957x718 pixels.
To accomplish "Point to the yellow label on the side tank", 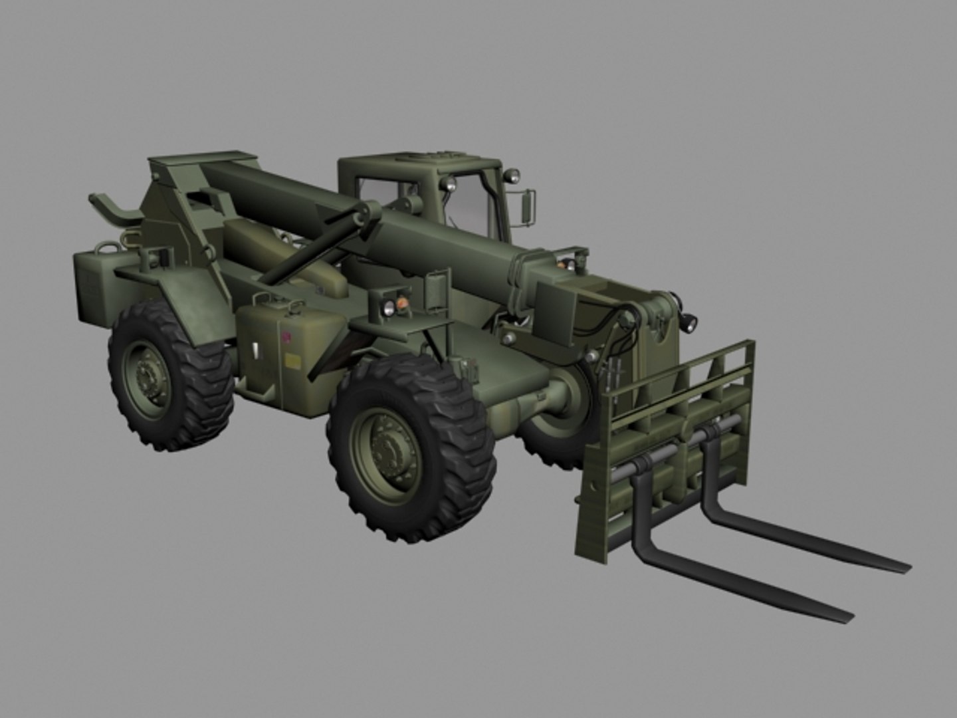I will [290, 361].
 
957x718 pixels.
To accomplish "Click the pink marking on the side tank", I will [286, 338].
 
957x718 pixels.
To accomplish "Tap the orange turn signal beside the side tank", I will [402, 304].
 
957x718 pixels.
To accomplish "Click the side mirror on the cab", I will [530, 205].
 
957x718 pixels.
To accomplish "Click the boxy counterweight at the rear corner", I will [90, 287].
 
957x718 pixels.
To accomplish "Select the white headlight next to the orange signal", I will [386, 306].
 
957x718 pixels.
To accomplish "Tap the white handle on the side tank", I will [254, 349].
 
